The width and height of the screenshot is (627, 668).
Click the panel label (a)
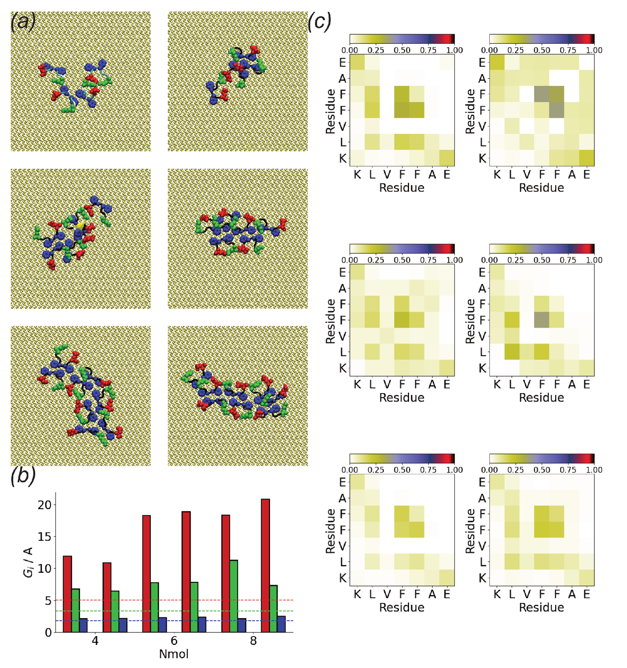tap(23, 22)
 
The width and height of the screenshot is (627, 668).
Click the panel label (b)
tap(23, 476)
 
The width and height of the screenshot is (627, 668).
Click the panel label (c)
tap(319, 22)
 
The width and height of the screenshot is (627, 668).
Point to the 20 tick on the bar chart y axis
tap(45, 505)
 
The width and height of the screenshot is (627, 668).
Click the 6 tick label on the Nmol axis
tap(174, 640)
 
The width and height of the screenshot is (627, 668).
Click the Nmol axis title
tap(174, 654)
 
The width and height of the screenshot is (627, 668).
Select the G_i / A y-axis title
tap(28, 562)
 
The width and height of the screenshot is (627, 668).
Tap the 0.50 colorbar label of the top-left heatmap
tap(402, 50)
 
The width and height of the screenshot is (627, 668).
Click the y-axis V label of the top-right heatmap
tap(482, 126)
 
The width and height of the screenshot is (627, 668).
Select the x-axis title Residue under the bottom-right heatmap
tap(541, 607)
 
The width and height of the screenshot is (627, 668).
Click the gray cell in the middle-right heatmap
tap(541, 320)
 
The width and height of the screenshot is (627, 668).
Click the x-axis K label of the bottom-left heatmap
tap(357, 594)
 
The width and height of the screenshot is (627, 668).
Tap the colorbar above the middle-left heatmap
tap(402, 249)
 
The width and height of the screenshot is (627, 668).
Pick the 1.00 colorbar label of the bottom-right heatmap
tap(594, 470)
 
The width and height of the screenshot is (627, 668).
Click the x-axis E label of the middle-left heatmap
tap(447, 384)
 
